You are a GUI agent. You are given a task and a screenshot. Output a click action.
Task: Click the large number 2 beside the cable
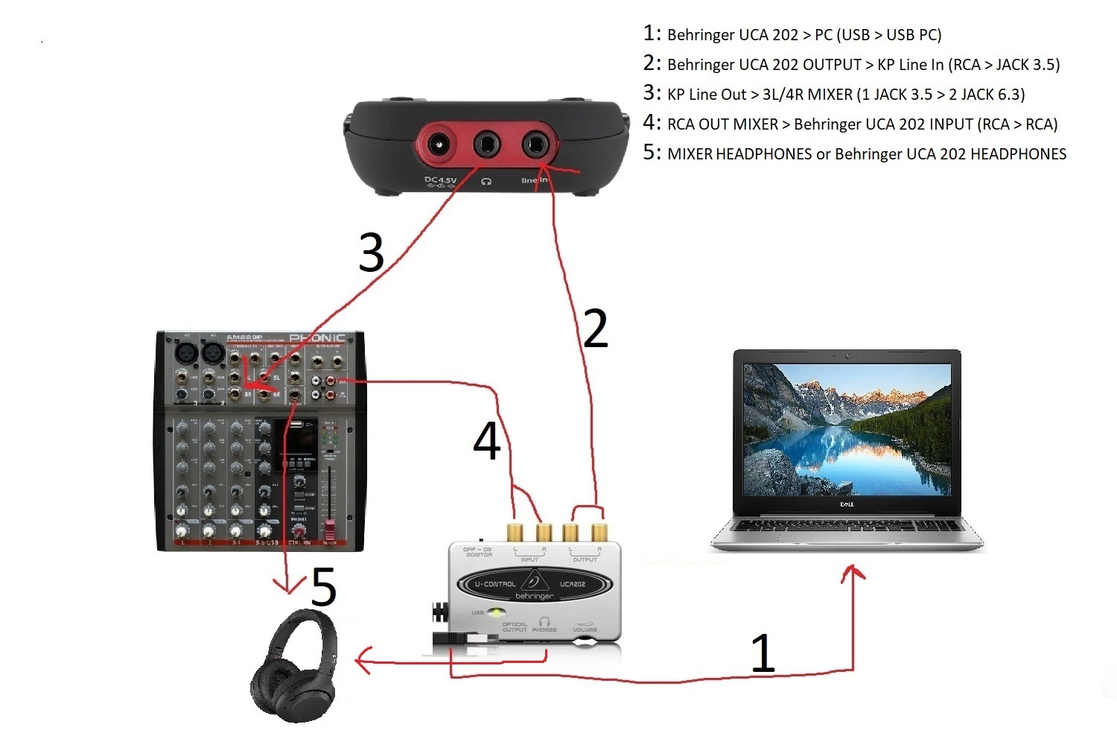click(x=596, y=328)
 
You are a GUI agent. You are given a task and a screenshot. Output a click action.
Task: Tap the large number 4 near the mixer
click(x=487, y=440)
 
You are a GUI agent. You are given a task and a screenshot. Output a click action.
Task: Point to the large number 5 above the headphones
click(x=323, y=588)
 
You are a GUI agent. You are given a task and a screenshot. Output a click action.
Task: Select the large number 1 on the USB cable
click(x=763, y=653)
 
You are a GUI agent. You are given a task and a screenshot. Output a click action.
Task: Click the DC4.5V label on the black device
click(x=440, y=180)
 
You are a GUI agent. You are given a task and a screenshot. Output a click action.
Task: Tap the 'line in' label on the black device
click(x=534, y=180)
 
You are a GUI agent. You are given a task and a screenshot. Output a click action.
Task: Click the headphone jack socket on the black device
click(x=487, y=144)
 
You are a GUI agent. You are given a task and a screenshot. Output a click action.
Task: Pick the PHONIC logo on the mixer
click(x=317, y=338)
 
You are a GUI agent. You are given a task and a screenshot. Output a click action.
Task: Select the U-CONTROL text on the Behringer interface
click(x=495, y=584)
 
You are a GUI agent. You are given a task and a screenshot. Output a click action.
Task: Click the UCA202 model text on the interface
click(x=573, y=584)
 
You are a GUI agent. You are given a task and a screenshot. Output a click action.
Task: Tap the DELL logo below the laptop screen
click(x=847, y=504)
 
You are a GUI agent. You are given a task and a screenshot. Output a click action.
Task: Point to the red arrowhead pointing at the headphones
click(x=363, y=661)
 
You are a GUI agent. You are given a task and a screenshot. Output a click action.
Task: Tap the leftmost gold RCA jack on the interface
click(x=515, y=532)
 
